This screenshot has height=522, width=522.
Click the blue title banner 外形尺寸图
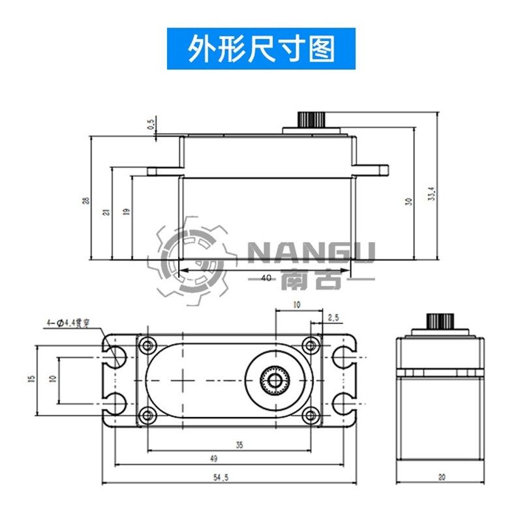click(x=261, y=48)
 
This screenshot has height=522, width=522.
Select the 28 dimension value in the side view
click(x=85, y=200)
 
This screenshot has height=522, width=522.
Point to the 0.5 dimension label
click(x=152, y=124)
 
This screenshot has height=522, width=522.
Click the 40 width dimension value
click(x=266, y=277)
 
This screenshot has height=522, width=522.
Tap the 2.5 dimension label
click(x=333, y=318)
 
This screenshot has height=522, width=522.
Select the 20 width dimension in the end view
click(x=441, y=478)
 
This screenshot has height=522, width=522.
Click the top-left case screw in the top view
click(x=149, y=344)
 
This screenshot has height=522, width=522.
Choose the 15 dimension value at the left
click(x=31, y=379)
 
